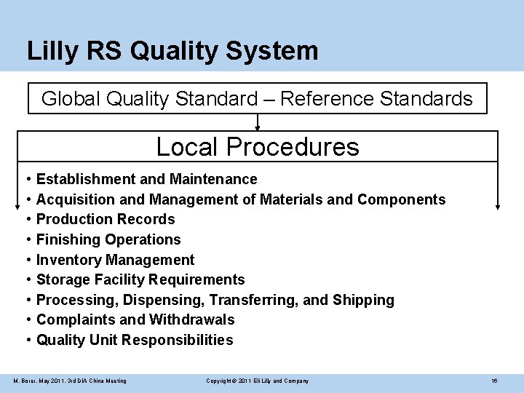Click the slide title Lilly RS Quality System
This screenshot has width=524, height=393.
pyautogui.click(x=172, y=51)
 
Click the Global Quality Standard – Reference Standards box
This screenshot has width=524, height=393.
pyautogui.click(x=257, y=98)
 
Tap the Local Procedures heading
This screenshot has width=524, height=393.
pyautogui.click(x=258, y=146)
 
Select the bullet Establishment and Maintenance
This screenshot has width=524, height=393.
pyautogui.click(x=146, y=179)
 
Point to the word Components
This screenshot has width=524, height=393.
pyautogui.click(x=402, y=199)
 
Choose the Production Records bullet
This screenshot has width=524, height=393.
pyautogui.click(x=106, y=219)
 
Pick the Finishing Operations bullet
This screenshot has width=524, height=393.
pyautogui.click(x=108, y=239)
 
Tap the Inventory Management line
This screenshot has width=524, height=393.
pyautogui.click(x=115, y=260)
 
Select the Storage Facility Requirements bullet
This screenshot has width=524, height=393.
pyautogui.click(x=140, y=279)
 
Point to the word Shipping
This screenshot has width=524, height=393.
pyautogui.click(x=363, y=300)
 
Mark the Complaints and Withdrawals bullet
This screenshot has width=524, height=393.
pyautogui.click(x=135, y=319)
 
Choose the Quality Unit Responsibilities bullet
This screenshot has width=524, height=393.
pyautogui.click(x=135, y=340)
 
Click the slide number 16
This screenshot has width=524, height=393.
pyautogui.click(x=494, y=381)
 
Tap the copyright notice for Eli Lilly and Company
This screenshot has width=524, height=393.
pyautogui.click(x=257, y=381)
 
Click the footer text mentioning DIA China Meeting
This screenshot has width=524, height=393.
pyautogui.click(x=70, y=381)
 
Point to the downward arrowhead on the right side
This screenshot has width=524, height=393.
pyautogui.click(x=498, y=207)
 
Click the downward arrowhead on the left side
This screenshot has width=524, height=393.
pyautogui.click(x=17, y=207)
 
